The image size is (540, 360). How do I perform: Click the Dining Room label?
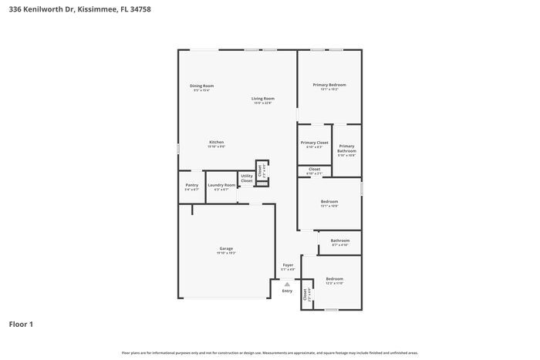point(202,86)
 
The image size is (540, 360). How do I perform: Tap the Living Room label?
point(263,99)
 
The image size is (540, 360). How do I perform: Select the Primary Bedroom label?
point(329,85)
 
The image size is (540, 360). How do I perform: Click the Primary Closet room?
point(314,143)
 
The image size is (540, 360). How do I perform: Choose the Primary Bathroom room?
point(346,149)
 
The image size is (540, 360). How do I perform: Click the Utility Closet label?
point(247,178)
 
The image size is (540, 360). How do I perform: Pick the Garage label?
point(226,248)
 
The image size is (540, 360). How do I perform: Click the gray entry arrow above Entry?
point(287,284)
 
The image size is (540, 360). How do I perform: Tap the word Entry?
point(287,291)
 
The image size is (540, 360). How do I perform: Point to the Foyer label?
point(288,265)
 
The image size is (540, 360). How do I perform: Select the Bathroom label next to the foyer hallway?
point(340,241)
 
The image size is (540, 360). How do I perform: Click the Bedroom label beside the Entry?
point(334,279)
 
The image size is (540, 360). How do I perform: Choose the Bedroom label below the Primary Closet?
point(329,202)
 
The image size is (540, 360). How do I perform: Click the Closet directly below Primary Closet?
point(315,170)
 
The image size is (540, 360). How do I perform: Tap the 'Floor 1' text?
point(21,324)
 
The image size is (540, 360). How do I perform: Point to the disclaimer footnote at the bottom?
point(270,352)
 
